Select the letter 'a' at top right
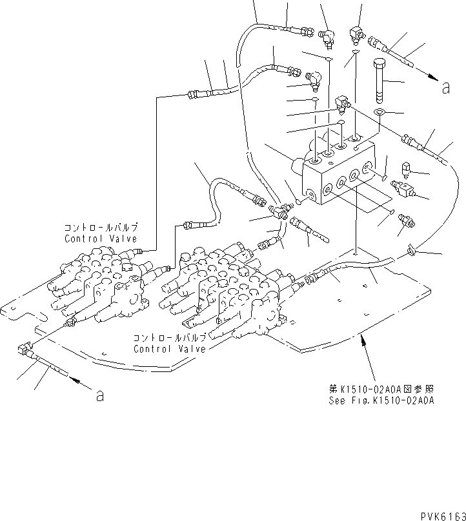click(445, 88)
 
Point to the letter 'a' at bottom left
click(99, 396)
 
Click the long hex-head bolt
click(379, 81)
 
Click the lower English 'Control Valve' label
click(170, 349)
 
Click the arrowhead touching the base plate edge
click(366, 338)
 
